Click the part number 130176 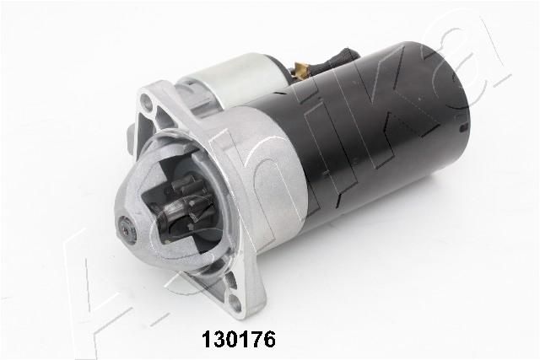pos(239,340)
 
